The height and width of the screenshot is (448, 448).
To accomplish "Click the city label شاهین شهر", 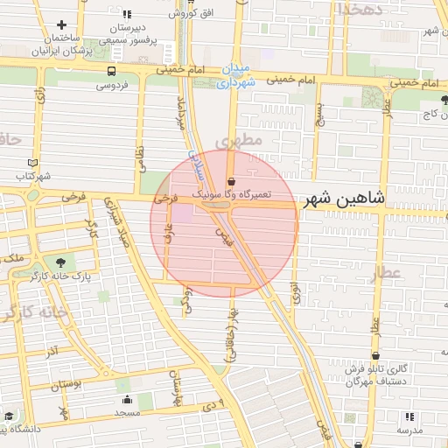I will click(344, 199).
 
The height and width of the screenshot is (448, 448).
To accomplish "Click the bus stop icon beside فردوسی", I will click(112, 71).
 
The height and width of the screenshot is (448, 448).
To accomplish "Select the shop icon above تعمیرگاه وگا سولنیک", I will click(230, 174).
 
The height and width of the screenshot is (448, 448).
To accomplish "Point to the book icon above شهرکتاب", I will click(33, 163).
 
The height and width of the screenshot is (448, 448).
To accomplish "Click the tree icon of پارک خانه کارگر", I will click(59, 262).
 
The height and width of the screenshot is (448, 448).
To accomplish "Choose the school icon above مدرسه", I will click(409, 416).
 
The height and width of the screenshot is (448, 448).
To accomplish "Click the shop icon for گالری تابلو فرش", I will click(376, 356).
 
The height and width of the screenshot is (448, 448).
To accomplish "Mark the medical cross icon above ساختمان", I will click(61, 25).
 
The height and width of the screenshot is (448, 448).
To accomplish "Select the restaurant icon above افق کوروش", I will click(128, 15).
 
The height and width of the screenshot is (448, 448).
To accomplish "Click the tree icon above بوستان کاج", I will click(444, 98).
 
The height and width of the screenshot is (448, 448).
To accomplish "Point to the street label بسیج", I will click(320, 111).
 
